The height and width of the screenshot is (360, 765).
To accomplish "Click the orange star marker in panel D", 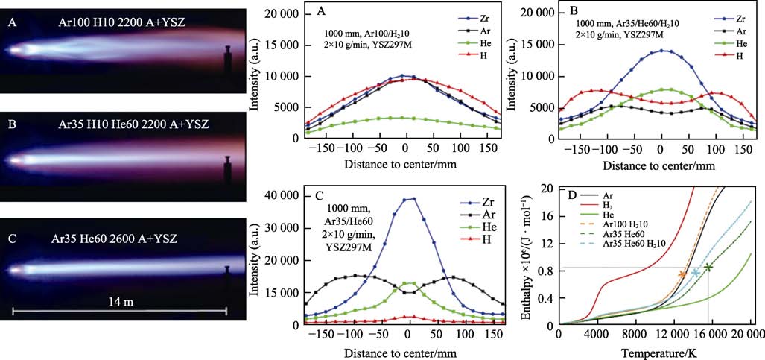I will tap(682, 274).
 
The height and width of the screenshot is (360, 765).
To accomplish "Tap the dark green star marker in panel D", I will tap(708, 267).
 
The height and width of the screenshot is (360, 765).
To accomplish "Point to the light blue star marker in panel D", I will tap(696, 273).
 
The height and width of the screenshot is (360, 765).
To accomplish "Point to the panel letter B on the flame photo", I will tap(10, 124).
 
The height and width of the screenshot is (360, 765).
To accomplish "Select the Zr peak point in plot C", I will tap(413, 198).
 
